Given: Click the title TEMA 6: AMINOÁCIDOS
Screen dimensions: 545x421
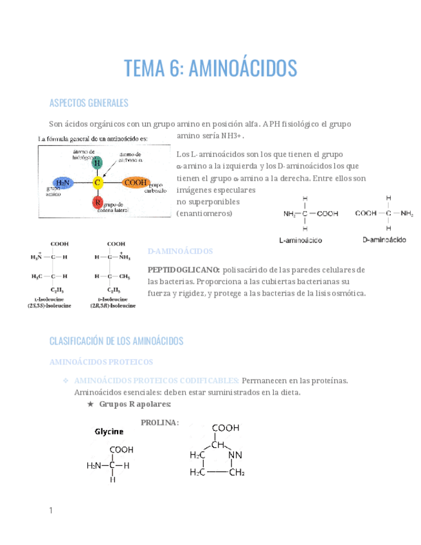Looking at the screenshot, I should (210, 67).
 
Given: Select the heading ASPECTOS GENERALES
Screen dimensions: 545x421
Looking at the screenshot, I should (89, 103).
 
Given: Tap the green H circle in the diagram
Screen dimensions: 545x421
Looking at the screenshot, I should (97, 163).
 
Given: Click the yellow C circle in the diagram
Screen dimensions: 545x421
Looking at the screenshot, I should (98, 183).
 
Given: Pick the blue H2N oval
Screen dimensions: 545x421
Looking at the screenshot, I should (63, 183).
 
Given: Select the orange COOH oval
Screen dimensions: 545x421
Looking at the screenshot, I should (136, 183).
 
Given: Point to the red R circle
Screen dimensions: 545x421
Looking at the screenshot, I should (97, 203).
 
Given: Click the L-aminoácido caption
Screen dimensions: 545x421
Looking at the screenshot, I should (300, 240).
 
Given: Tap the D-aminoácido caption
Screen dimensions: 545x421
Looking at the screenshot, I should (384, 239).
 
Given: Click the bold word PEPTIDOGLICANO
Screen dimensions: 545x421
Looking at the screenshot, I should (184, 269).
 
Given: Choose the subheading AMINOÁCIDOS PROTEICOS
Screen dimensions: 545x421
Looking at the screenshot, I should (101, 362).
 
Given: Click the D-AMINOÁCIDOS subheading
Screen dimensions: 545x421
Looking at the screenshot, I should (181, 251).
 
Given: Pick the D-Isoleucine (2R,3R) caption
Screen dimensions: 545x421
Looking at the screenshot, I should (116, 303).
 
